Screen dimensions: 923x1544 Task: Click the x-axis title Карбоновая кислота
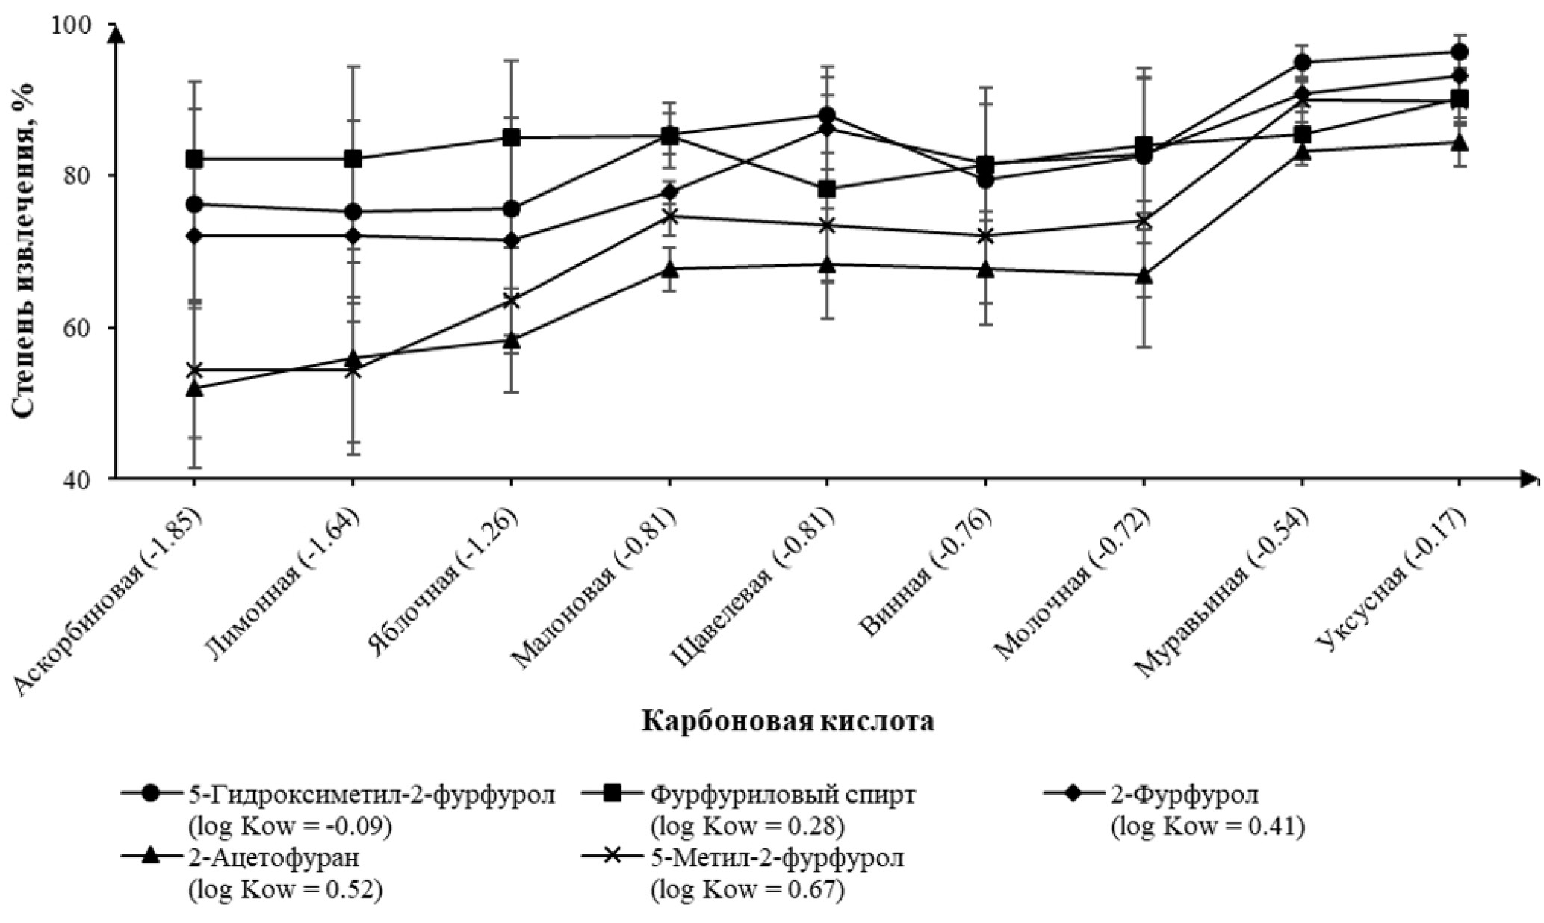pos(788,722)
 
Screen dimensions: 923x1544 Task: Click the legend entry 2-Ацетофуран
pos(276,857)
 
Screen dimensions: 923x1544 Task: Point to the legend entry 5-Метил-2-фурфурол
pos(777,857)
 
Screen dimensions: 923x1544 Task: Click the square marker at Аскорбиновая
pos(194,159)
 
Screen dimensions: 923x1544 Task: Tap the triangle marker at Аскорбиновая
pos(194,388)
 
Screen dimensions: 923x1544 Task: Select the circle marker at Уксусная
pos(1459,52)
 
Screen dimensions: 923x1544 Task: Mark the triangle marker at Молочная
pos(1144,276)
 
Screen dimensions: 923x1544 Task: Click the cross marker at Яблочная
pos(511,301)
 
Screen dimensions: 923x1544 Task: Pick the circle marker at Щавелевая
pos(827,115)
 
